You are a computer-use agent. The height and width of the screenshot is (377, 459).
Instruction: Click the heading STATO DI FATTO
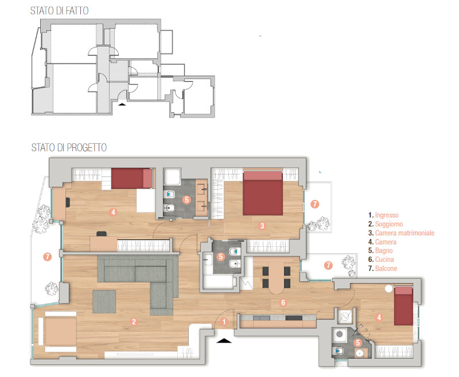click(x=60, y=10)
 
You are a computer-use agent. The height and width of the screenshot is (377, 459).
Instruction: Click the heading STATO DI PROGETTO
click(x=69, y=148)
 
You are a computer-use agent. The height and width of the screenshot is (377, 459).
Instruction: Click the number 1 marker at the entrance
click(x=224, y=322)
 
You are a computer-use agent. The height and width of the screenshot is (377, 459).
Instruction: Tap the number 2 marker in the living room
click(x=134, y=321)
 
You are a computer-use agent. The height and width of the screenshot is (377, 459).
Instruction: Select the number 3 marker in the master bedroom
click(x=262, y=226)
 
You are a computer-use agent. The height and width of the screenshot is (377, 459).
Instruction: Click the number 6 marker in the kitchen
click(x=283, y=303)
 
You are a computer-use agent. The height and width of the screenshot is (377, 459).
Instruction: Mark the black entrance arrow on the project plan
click(x=224, y=340)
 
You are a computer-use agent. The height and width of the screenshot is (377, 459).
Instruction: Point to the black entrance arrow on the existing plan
click(x=122, y=104)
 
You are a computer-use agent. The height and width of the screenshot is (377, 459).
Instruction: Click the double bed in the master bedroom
click(x=263, y=193)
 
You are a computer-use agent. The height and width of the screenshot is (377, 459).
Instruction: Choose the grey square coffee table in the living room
click(x=104, y=301)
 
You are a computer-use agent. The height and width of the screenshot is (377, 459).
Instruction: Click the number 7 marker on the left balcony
click(x=47, y=257)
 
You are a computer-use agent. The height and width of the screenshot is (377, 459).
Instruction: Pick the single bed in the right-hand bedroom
click(x=403, y=306)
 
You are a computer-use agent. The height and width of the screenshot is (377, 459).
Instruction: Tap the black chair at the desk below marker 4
click(x=102, y=234)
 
